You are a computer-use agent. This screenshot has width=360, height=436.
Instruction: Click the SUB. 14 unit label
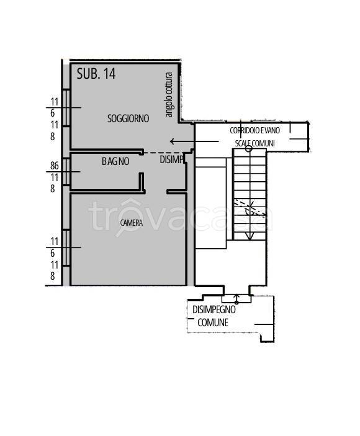point(96,74)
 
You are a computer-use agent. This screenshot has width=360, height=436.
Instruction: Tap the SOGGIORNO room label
point(128,118)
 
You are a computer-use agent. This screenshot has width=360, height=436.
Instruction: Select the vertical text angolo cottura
point(169,94)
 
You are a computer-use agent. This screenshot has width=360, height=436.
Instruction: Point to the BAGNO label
point(115,161)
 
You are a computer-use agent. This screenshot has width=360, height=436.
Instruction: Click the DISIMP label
point(172,159)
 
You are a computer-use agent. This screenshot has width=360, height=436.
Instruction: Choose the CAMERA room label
point(132,223)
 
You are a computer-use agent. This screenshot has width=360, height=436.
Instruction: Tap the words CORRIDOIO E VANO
point(255,130)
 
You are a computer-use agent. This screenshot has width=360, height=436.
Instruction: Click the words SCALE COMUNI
point(255,143)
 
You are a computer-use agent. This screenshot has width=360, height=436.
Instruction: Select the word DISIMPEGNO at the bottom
point(214,309)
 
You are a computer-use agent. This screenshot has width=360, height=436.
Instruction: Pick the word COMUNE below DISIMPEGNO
point(213,323)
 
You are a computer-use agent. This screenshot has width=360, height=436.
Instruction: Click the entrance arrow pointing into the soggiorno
point(194,141)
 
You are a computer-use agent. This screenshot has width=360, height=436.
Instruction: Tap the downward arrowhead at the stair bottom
point(250,236)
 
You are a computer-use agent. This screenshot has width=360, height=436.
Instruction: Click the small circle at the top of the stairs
point(249,148)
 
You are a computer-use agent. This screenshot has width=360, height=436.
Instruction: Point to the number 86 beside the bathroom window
point(55,166)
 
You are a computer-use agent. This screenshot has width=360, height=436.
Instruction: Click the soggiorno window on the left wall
point(66,108)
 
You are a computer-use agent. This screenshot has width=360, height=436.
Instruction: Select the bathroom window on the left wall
point(66,172)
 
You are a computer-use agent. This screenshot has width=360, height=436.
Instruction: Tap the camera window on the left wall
point(66,247)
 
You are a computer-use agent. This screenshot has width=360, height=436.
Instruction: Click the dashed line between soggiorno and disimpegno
point(162,153)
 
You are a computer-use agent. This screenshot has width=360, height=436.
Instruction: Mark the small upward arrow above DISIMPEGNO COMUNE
point(236,298)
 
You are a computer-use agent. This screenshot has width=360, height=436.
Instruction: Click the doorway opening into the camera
point(156,192)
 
